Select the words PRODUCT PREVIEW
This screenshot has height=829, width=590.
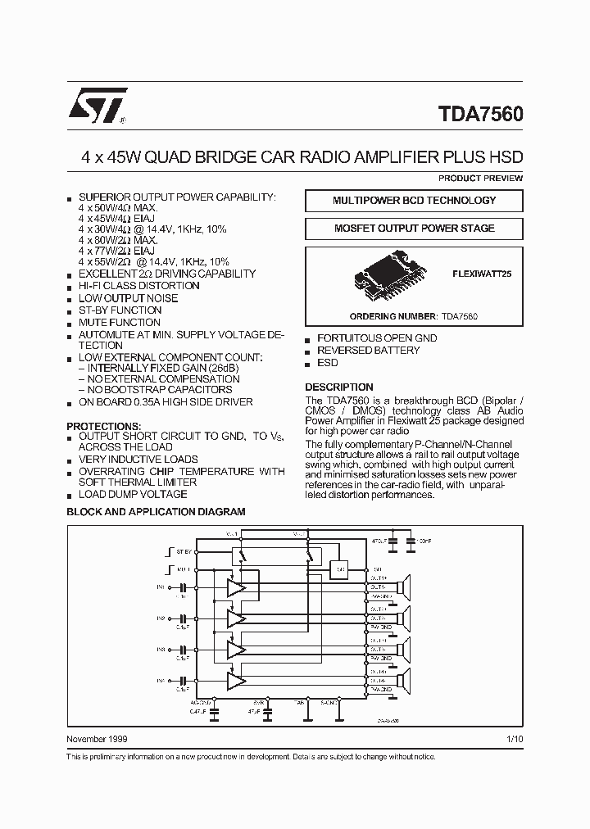point(480,178)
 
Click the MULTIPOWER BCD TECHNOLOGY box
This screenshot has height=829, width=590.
point(414,201)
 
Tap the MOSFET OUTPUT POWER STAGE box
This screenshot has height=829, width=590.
point(414,229)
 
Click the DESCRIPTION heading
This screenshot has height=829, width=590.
point(339,387)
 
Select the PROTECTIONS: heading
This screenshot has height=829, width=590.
point(104,427)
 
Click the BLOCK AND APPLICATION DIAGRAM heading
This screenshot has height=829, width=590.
point(156,511)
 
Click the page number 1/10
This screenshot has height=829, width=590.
point(514,740)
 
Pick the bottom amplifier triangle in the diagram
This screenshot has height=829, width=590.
point(236,680)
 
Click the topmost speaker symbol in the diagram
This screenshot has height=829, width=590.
point(402,588)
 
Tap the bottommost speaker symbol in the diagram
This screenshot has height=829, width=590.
point(402,680)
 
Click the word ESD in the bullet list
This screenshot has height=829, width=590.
point(328,363)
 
